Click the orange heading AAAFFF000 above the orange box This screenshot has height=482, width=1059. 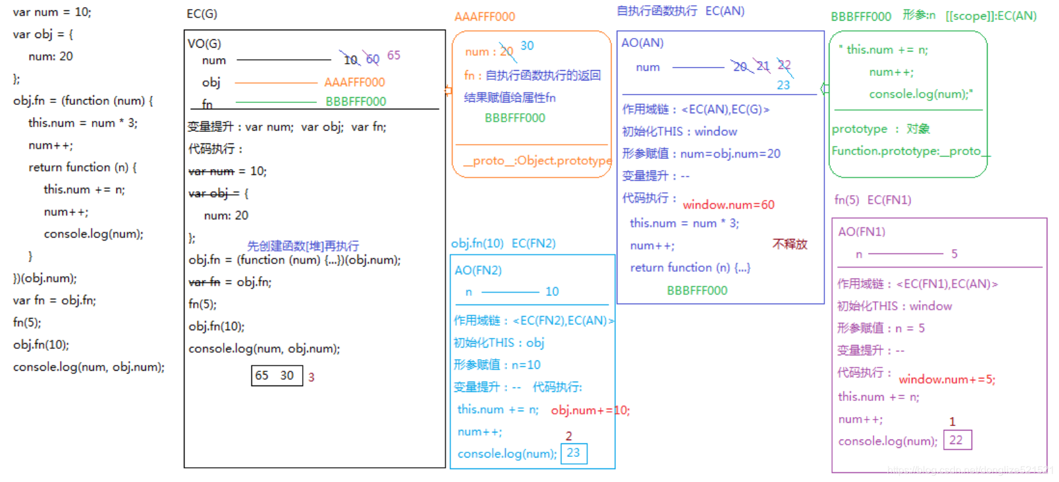(484, 17)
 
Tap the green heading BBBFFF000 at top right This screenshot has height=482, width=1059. (860, 17)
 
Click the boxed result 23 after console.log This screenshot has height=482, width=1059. (574, 453)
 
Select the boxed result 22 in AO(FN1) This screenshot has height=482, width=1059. (957, 440)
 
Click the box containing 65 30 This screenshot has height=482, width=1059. (276, 375)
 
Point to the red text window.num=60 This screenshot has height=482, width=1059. (729, 205)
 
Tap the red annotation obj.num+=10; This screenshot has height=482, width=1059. (590, 410)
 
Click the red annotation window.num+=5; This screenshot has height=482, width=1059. (946, 379)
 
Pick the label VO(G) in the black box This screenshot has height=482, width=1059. (204, 44)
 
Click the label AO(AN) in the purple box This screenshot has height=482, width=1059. (642, 43)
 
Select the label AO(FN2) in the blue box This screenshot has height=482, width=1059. (478, 270)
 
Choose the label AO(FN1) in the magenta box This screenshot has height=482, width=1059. (862, 232)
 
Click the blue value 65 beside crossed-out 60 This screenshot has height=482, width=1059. (394, 55)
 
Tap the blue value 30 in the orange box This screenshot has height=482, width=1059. (527, 46)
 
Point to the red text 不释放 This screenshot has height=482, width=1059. (790, 244)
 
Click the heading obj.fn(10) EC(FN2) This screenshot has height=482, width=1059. (503, 243)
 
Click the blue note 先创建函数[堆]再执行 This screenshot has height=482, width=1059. (303, 246)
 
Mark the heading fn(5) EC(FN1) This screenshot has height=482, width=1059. (873, 200)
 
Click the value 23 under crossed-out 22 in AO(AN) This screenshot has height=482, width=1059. (783, 85)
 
